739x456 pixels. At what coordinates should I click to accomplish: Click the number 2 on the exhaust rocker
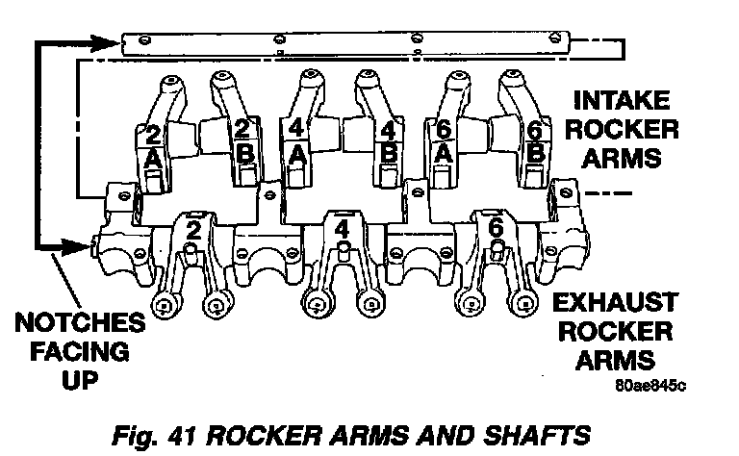pos(193,230)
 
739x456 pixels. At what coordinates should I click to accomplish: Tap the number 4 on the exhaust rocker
pos(342,230)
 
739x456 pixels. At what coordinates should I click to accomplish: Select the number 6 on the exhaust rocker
pos(496,229)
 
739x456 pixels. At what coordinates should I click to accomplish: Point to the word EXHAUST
pos(621,304)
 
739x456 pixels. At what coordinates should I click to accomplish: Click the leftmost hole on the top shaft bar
pos(143,39)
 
